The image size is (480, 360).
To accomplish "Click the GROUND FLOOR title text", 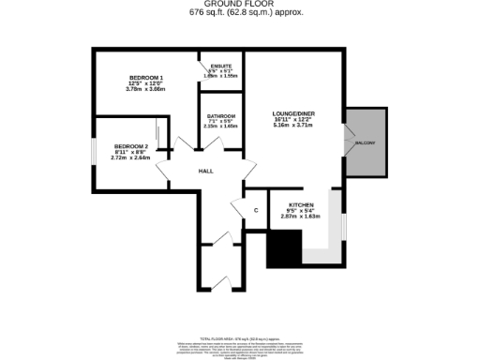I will pos(239,5).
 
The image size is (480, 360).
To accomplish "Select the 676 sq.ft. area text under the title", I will pos(239,13).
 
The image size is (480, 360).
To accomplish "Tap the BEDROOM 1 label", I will pos(146,77).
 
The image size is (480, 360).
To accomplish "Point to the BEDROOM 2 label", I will pos(131,146).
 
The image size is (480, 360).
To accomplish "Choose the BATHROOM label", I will pos(221,116).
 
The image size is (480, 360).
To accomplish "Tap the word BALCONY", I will pos(365,142).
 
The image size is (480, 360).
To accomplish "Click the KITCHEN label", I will pos(301,203).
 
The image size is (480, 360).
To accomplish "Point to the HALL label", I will pos(205,172).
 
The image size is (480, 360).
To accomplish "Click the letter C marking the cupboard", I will pos(255,211).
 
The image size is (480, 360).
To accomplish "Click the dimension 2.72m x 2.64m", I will pos(131,158).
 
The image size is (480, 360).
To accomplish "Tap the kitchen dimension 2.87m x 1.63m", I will pos(301,217).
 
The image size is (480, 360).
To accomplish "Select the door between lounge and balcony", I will pos(344,142).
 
